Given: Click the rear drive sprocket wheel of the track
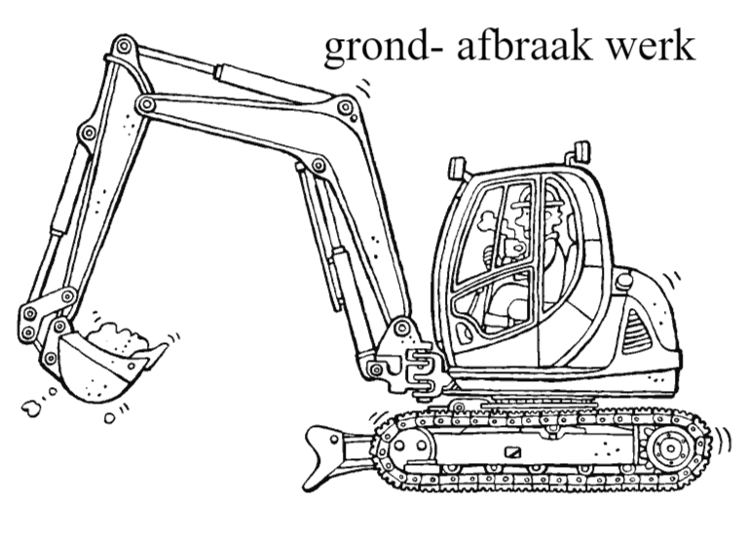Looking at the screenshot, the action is coord(671,448).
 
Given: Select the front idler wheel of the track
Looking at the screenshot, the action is coord(408,446).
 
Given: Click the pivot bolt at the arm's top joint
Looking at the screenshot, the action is coord(124,47).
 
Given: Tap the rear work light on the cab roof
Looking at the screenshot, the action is coord(581,151).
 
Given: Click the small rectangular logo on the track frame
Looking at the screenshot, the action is coord(513,452).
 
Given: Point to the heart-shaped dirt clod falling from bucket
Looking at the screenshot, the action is coord(31,407).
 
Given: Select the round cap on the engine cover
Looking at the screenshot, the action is coord(624,282).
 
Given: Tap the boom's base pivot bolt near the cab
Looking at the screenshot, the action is coord(402,328).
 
